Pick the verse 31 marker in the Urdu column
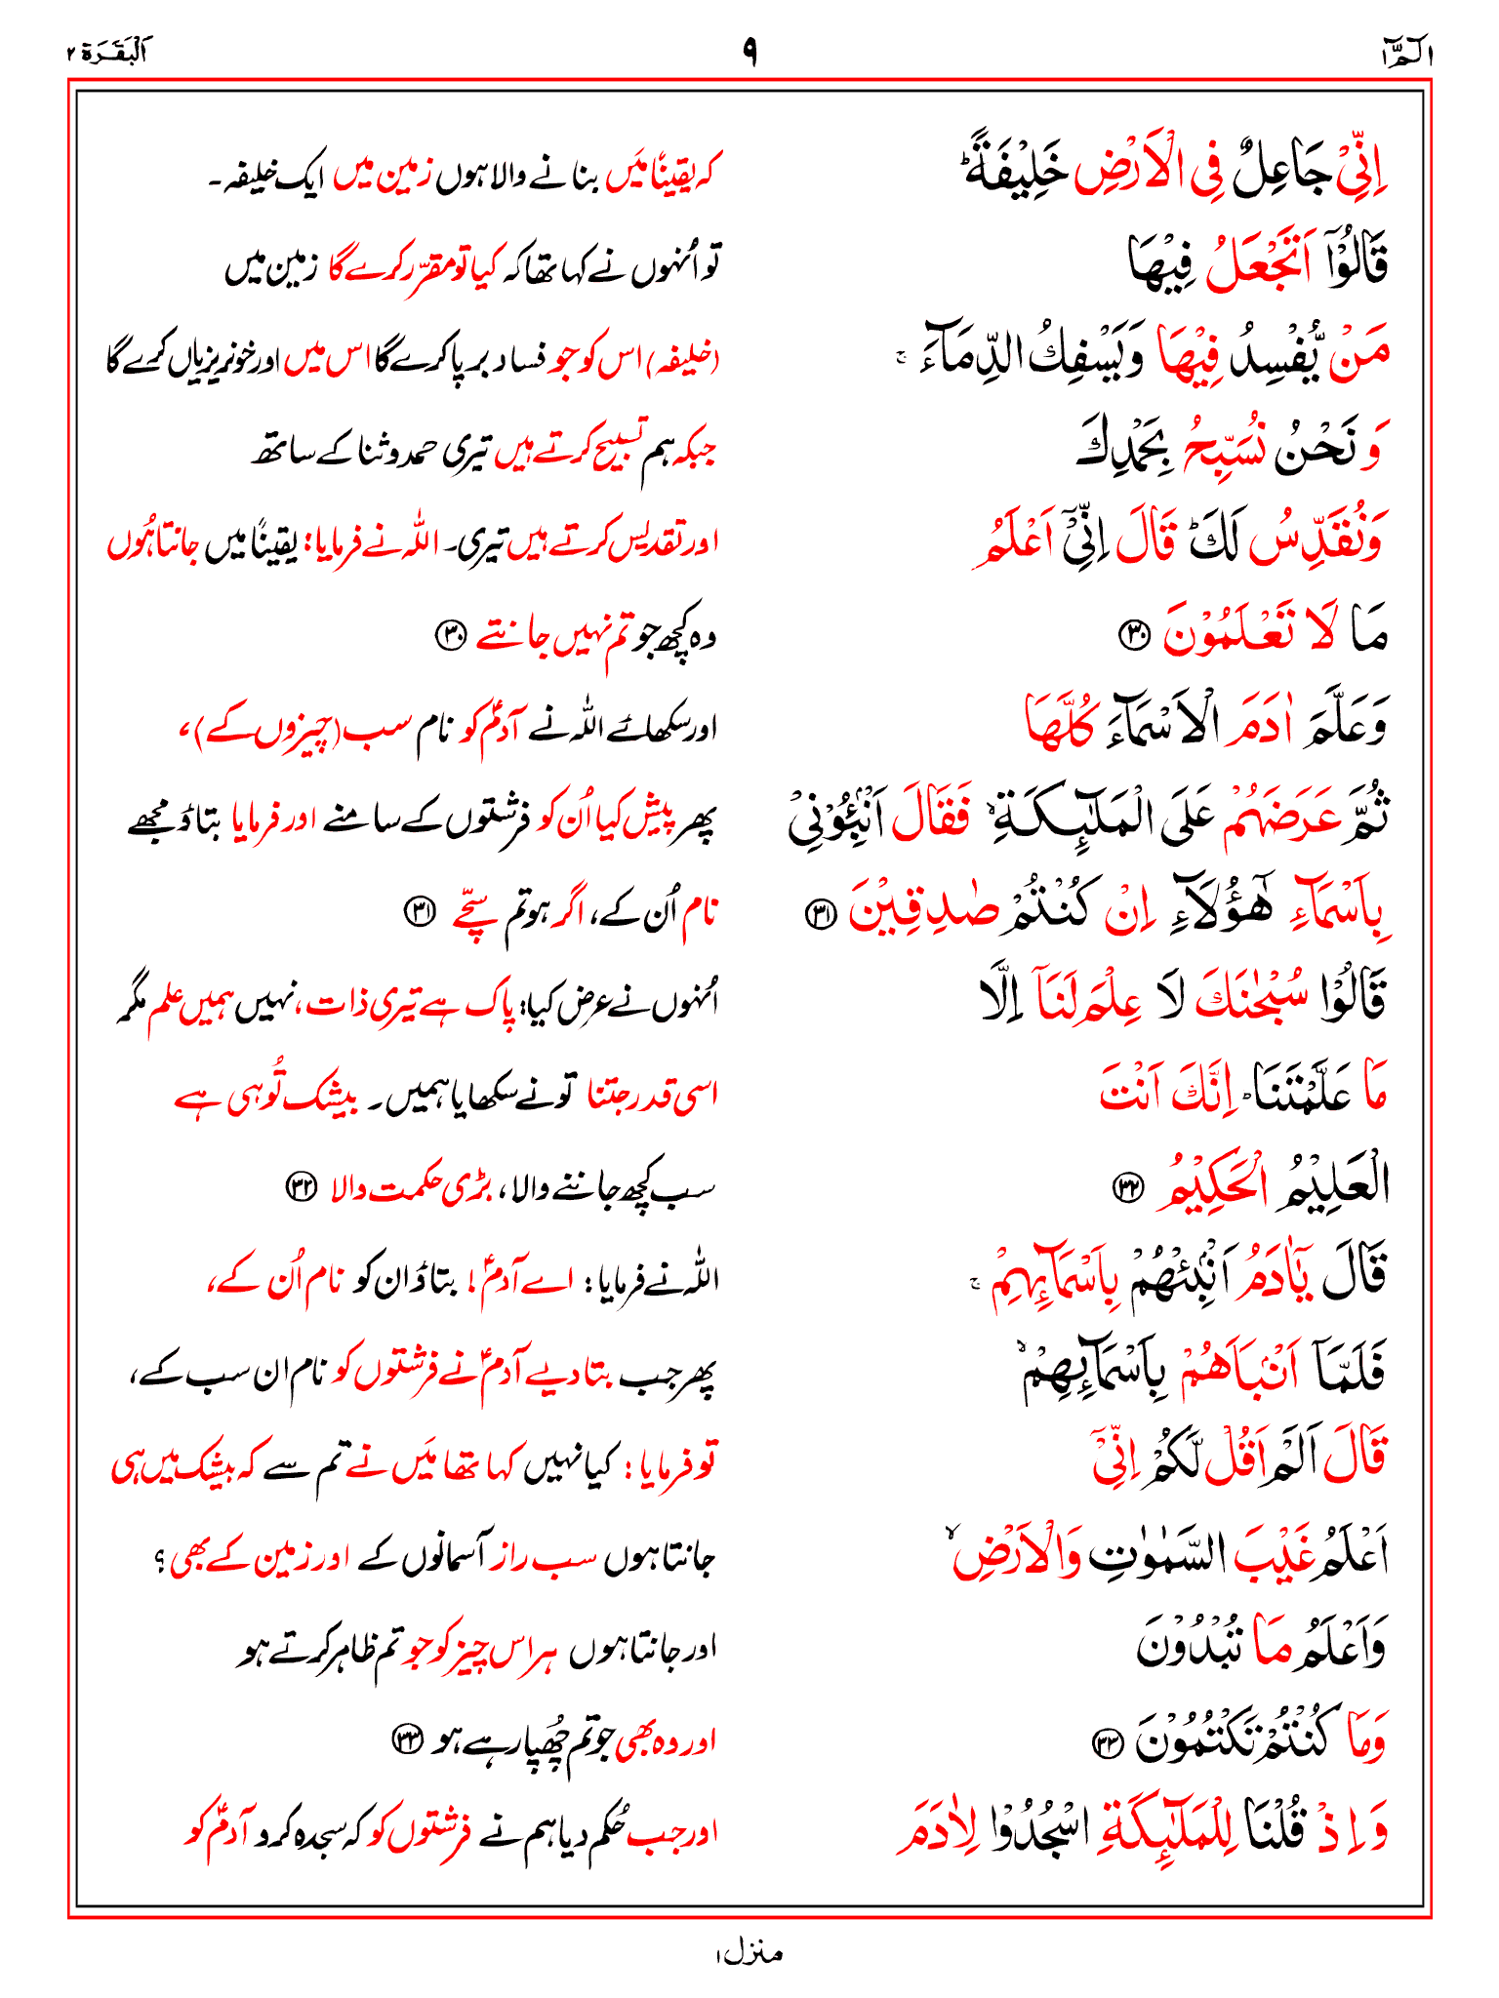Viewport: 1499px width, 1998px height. coord(421,912)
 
